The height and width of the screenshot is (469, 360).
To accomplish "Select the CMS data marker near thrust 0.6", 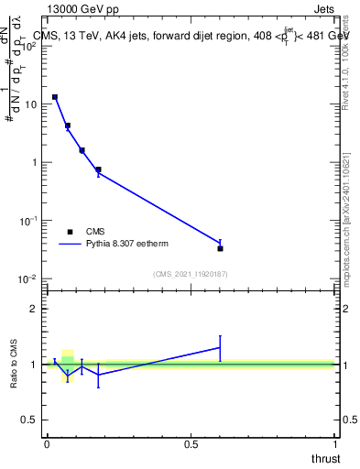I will tap(220, 248).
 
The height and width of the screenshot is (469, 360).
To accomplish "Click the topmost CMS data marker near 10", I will tap(55, 97).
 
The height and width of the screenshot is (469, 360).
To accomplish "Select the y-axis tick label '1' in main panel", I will tap(35, 162).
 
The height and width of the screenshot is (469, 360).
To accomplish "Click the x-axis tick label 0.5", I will tap(191, 444).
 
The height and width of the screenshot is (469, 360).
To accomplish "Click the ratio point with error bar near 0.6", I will tap(220, 347).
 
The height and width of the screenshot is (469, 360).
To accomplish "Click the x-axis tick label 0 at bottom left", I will tap(47, 444).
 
